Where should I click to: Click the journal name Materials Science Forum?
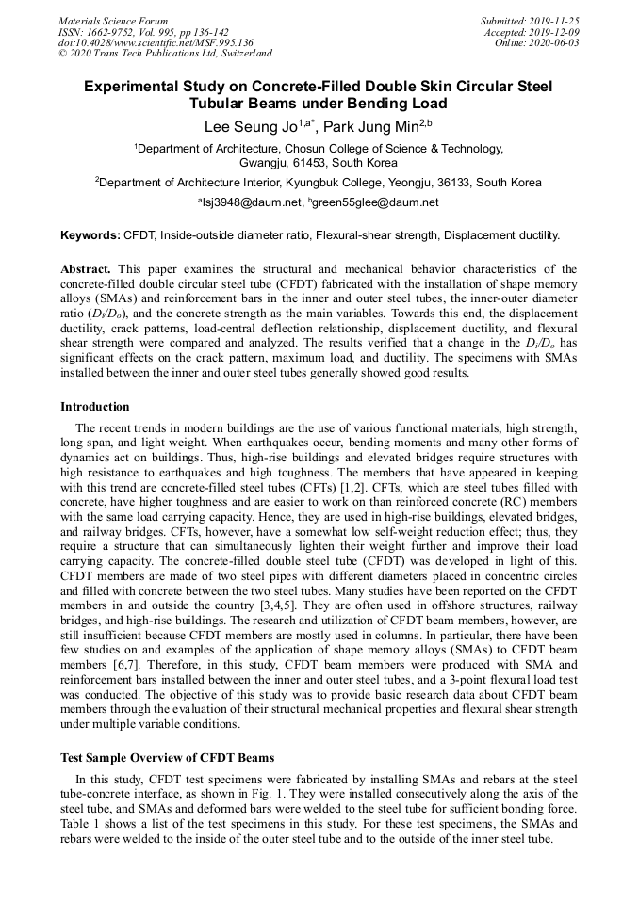[113, 20]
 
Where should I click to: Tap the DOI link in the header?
[156, 42]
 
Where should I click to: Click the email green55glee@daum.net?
[376, 202]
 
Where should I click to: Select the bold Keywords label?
[90, 235]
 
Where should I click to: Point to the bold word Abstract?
[86, 269]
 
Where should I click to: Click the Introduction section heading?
[95, 407]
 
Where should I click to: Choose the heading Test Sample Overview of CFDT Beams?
[167, 758]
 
